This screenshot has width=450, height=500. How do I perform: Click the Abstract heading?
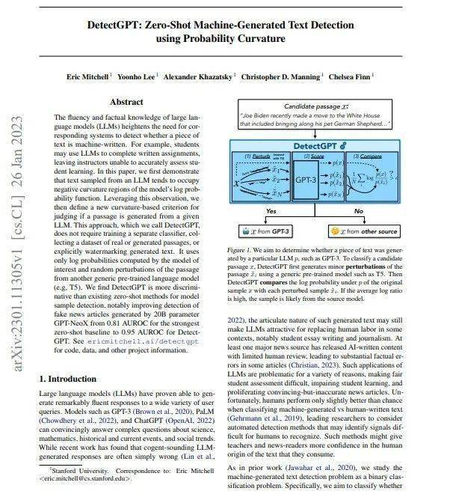click(126, 102)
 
